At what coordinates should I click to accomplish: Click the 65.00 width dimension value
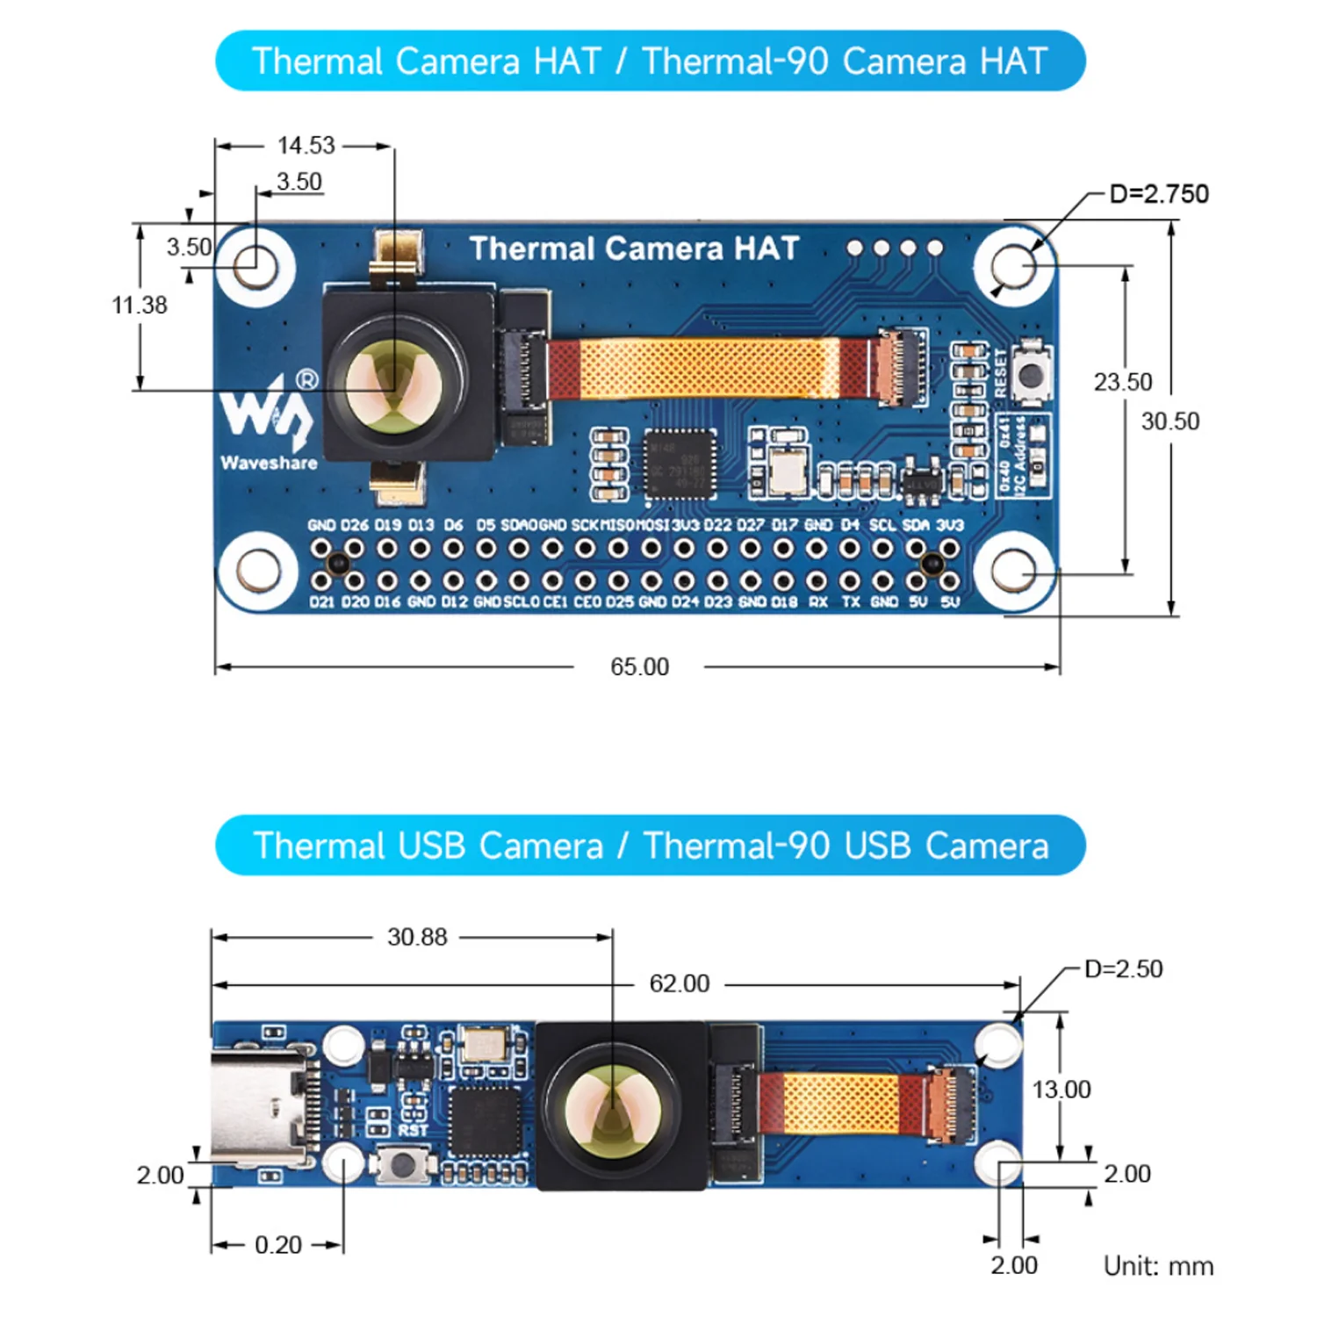pyautogui.click(x=639, y=667)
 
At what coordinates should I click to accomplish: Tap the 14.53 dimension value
pyautogui.click(x=306, y=145)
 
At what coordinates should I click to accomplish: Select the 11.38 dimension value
pyautogui.click(x=140, y=305)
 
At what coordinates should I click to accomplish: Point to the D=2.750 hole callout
pyautogui.click(x=1158, y=194)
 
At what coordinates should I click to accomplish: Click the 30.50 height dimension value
pyautogui.click(x=1169, y=421)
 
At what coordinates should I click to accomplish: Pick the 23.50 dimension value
pyautogui.click(x=1122, y=382)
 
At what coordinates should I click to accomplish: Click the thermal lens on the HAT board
pyautogui.click(x=393, y=383)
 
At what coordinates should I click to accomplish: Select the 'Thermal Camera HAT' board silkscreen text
pyautogui.click(x=634, y=248)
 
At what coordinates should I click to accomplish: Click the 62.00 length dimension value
pyautogui.click(x=679, y=983)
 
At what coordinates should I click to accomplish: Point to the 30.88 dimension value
pyautogui.click(x=417, y=937)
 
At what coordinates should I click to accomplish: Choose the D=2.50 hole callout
pyautogui.click(x=1123, y=969)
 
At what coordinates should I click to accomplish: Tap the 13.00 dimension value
pyautogui.click(x=1061, y=1090)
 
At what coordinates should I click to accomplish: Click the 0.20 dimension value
pyautogui.click(x=277, y=1245)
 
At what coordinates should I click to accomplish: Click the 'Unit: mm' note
pyautogui.click(x=1158, y=1266)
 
